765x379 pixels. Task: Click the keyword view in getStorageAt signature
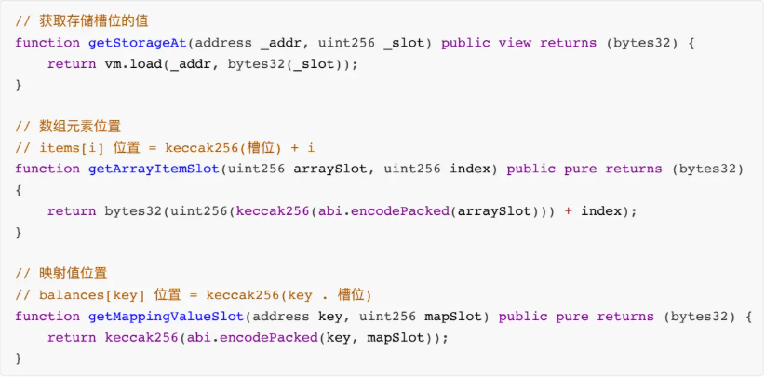pyautogui.click(x=515, y=43)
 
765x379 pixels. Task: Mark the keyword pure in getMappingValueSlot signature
pyautogui.click(x=572, y=317)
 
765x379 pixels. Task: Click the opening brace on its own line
pyautogui.click(x=19, y=190)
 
